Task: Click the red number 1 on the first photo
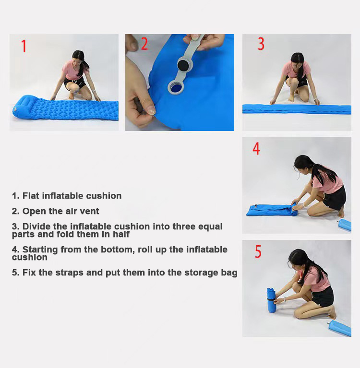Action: pyautogui.click(x=24, y=47)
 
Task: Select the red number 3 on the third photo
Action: pyautogui.click(x=261, y=44)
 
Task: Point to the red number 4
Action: pyautogui.click(x=256, y=149)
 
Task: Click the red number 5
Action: pyautogui.click(x=258, y=252)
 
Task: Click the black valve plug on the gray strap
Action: pyautogui.click(x=183, y=64)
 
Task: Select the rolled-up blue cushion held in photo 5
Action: pyautogui.click(x=272, y=300)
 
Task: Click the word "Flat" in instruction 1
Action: pyautogui.click(x=31, y=196)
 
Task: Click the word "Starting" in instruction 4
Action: pyautogui.click(x=41, y=249)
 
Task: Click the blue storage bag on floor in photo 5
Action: pyautogui.click(x=340, y=328)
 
